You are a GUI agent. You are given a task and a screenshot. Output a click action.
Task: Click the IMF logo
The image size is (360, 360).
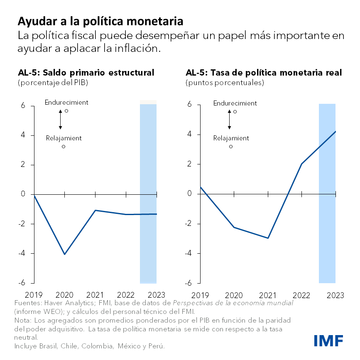[x=328, y=340]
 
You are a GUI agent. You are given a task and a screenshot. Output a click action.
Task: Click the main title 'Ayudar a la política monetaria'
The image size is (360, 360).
[x=100, y=21]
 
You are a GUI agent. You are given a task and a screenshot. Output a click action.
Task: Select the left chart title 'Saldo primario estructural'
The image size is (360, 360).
[x=86, y=73]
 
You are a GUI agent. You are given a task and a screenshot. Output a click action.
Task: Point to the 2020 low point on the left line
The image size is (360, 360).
[x=64, y=254]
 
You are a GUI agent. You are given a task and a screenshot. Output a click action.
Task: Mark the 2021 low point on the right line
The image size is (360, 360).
[x=268, y=238]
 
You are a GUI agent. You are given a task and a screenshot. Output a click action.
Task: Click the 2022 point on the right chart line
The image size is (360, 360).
[x=301, y=164]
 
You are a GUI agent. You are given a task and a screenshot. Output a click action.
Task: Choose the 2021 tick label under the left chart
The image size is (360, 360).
[x=95, y=295]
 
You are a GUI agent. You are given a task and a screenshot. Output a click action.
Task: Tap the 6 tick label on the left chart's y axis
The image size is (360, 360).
[x=22, y=106]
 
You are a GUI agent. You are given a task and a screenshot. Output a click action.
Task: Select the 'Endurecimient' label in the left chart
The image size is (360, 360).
[x=66, y=103]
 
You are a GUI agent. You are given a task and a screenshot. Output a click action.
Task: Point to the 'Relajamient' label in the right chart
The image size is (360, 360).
[x=231, y=138]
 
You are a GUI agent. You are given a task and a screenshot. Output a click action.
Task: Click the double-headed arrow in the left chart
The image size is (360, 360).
[x=60, y=119]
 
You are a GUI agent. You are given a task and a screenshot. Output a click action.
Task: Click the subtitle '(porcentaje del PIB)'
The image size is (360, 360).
[x=53, y=83]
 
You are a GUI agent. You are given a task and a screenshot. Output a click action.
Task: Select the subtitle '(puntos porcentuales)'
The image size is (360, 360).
[x=225, y=83]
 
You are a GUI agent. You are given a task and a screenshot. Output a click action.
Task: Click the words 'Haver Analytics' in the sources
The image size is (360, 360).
[x=64, y=303]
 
